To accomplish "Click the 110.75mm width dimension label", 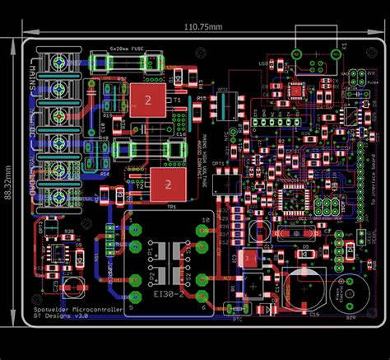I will [202, 27].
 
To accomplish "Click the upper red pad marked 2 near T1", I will [147, 100].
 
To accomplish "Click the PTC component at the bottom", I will [237, 310].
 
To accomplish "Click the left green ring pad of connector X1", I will [295, 54].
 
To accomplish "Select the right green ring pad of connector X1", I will [336, 54].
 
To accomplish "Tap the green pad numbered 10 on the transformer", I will [202, 292].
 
